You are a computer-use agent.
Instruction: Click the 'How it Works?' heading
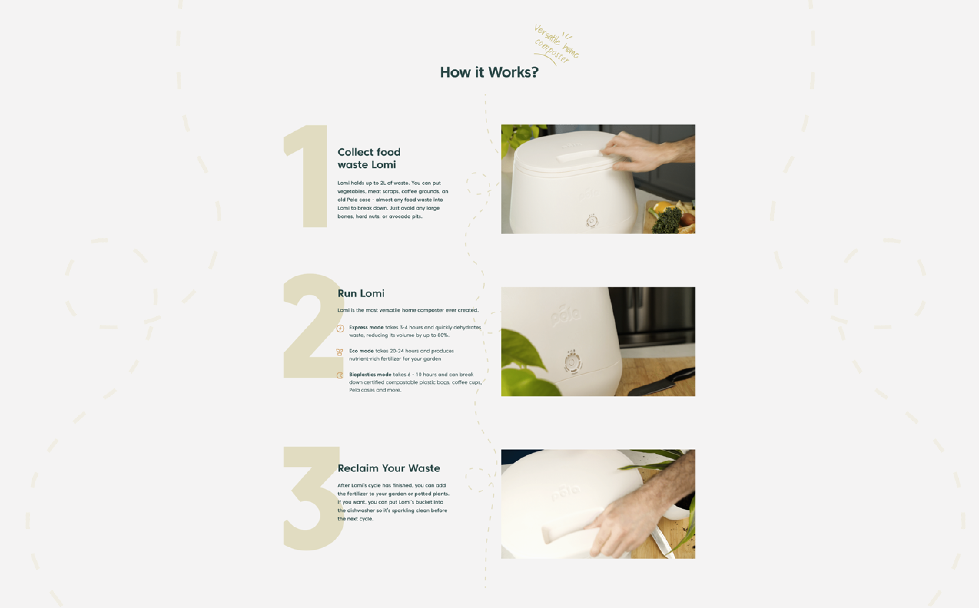[489, 72]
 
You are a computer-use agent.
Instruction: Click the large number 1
[306, 176]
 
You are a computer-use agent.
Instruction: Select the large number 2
[314, 326]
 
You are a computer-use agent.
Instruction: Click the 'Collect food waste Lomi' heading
[369, 158]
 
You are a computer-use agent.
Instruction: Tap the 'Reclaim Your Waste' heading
[389, 469]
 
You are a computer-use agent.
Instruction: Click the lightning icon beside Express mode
[340, 329]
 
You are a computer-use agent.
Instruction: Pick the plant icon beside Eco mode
[340, 352]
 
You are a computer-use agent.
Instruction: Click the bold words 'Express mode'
[366, 327]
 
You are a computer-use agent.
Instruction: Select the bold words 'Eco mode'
[361, 351]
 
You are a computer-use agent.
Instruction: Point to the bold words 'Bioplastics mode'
[370, 374]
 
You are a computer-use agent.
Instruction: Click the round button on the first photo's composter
[592, 221]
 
